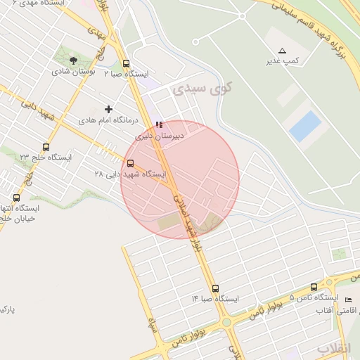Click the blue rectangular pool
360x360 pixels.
pos(305,125)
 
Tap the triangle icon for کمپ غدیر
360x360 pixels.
pos(283,51)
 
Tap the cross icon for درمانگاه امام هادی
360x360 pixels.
pos(108,109)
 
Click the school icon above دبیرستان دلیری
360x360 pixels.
pos(159,124)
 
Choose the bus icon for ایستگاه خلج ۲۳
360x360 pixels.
pos(46,147)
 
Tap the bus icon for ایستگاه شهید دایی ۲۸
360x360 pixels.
pos(130,163)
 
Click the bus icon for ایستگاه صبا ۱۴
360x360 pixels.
pos(215,288)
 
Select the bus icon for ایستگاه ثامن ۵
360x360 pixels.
pos(314,287)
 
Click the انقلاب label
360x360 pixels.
pos(333,349)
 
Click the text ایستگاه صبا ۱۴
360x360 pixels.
pos(216,299)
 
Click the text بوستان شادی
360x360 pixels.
pos(73,72)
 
